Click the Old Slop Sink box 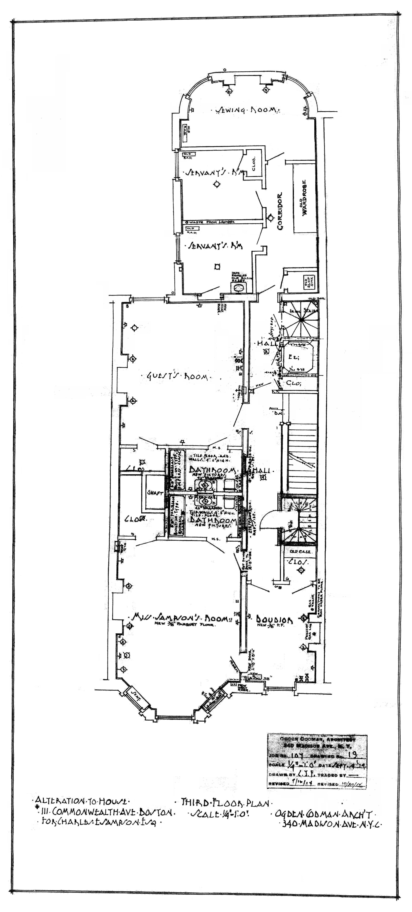(x=307, y=282)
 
